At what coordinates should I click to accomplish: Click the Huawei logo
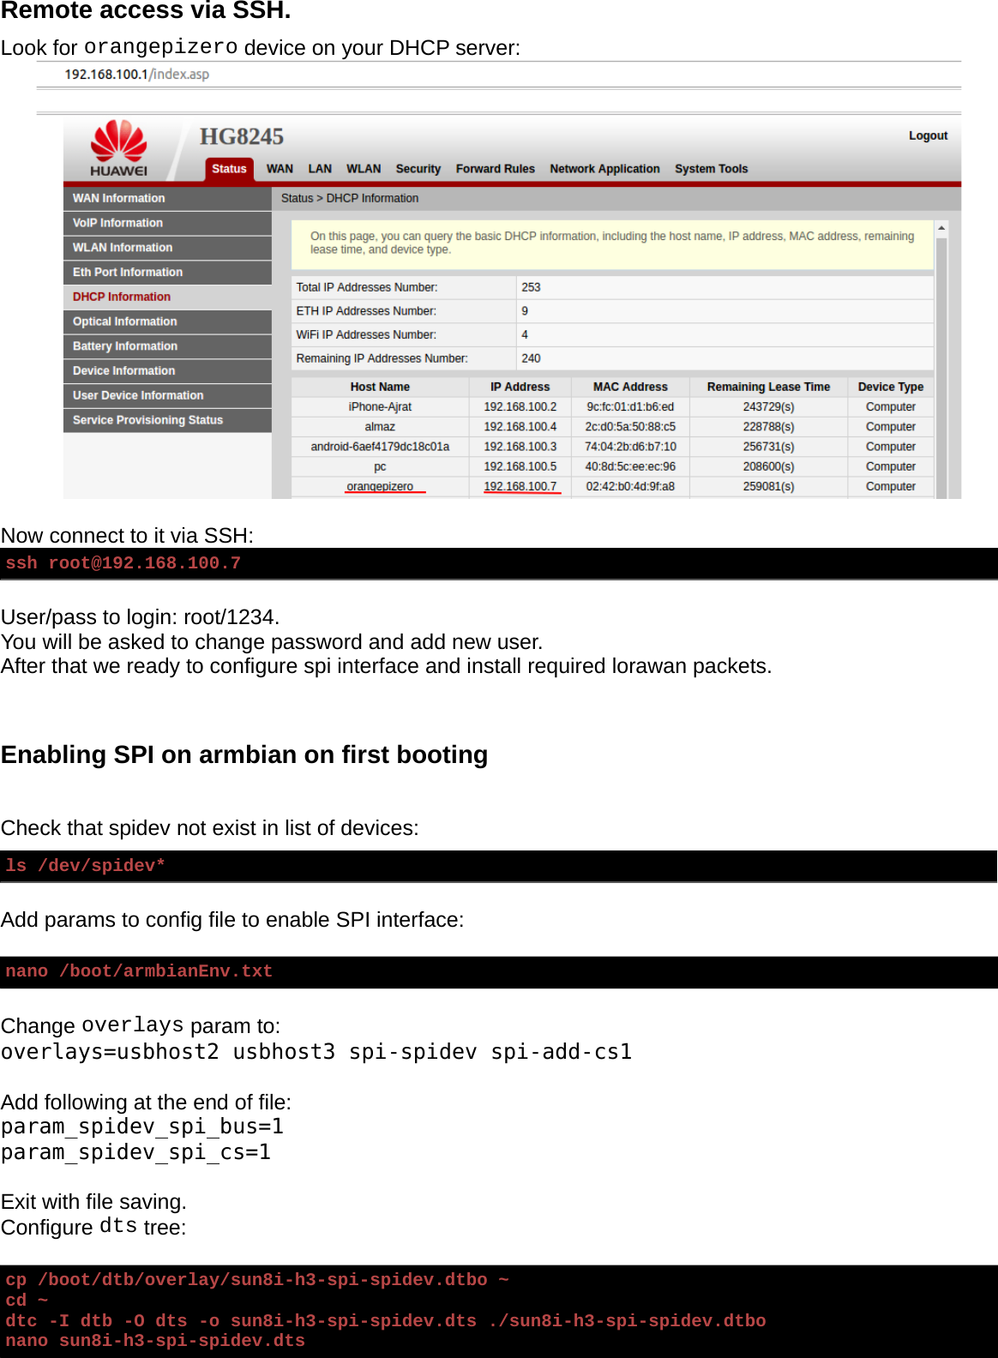pyautogui.click(x=119, y=147)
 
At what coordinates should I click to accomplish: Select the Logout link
pyautogui.click(x=928, y=135)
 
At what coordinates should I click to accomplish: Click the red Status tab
pyautogui.click(x=229, y=169)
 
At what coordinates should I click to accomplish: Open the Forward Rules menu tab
pyautogui.click(x=495, y=169)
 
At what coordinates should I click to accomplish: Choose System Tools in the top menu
pyautogui.click(x=711, y=169)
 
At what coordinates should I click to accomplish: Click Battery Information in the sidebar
pyautogui.click(x=125, y=346)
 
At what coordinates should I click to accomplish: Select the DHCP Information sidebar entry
pyautogui.click(x=122, y=297)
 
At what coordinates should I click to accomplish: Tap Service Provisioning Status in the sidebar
pyautogui.click(x=147, y=420)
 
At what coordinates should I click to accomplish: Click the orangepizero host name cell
pyautogui.click(x=380, y=486)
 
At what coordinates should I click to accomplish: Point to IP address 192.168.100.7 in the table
pyautogui.click(x=520, y=486)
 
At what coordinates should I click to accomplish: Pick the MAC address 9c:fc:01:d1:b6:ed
pyautogui.click(x=630, y=407)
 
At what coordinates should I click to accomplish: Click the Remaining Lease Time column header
pyautogui.click(x=768, y=387)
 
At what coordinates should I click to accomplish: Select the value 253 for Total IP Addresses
pyautogui.click(x=531, y=287)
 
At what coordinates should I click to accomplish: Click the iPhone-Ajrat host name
pyautogui.click(x=380, y=407)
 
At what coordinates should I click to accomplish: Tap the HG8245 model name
pyautogui.click(x=241, y=137)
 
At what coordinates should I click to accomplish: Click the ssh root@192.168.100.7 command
pyautogui.click(x=123, y=563)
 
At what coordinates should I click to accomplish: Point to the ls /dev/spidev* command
pyautogui.click(x=85, y=866)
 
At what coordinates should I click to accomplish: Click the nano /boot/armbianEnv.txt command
pyautogui.click(x=139, y=971)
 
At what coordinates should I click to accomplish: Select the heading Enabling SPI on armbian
pyautogui.click(x=244, y=754)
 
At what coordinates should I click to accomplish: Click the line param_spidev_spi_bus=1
pyautogui.click(x=142, y=1127)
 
